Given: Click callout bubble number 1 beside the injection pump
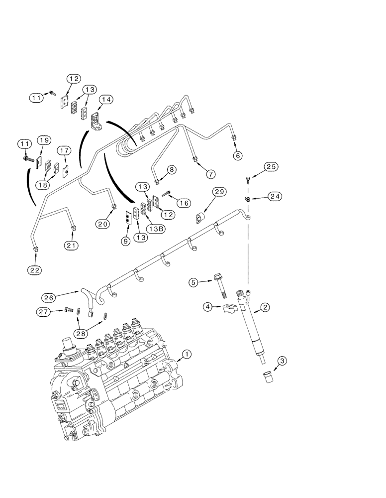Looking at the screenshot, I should pyautogui.click(x=186, y=354).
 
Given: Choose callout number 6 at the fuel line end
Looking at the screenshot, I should pyautogui.click(x=237, y=156).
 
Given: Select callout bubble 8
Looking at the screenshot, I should pyautogui.click(x=171, y=170).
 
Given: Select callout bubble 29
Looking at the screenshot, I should pyautogui.click(x=220, y=192).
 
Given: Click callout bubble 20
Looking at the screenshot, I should pyautogui.click(x=103, y=224).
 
